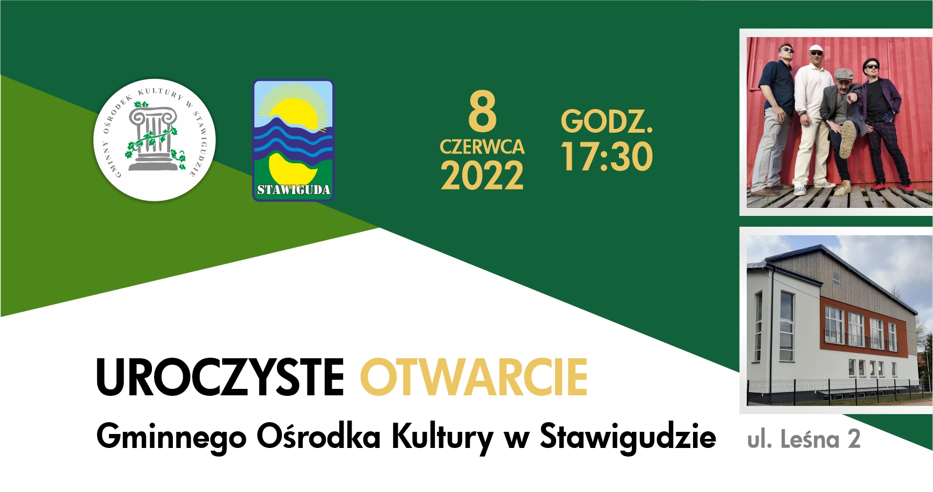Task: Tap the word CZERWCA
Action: click(x=482, y=147)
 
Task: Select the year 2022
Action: click(x=482, y=176)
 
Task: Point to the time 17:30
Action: click(x=607, y=156)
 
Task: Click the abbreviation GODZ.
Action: click(x=607, y=121)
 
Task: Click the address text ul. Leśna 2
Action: click(x=804, y=439)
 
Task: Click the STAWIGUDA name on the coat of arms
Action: click(x=293, y=190)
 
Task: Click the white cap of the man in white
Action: click(x=816, y=48)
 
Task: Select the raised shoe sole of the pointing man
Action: click(x=848, y=139)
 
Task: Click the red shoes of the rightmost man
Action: click(x=892, y=188)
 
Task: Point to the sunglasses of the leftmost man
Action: click(x=786, y=50)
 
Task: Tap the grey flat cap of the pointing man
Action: click(x=844, y=74)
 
